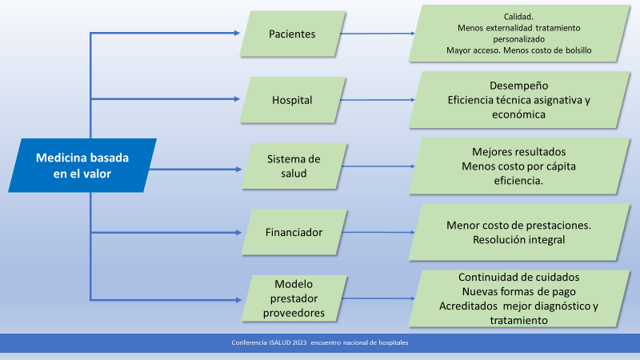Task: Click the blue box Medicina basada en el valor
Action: click(82, 166)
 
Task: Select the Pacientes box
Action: click(293, 34)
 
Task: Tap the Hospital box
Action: click(293, 100)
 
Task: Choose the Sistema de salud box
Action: click(293, 167)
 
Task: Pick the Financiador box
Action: click(293, 233)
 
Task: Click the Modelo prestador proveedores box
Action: click(294, 298)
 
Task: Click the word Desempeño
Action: click(519, 86)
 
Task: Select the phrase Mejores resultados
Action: click(519, 152)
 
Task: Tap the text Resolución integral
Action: click(519, 239)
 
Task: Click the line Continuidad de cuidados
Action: click(519, 278)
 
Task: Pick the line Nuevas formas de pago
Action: click(519, 292)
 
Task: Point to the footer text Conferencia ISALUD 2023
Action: click(268, 342)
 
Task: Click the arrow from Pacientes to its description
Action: click(376, 34)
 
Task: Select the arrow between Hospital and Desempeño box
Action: click(376, 101)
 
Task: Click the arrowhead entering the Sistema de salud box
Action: click(237, 169)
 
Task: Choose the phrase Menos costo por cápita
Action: click(519, 166)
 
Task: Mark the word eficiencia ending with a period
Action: click(519, 181)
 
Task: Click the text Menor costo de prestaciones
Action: click(519, 225)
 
